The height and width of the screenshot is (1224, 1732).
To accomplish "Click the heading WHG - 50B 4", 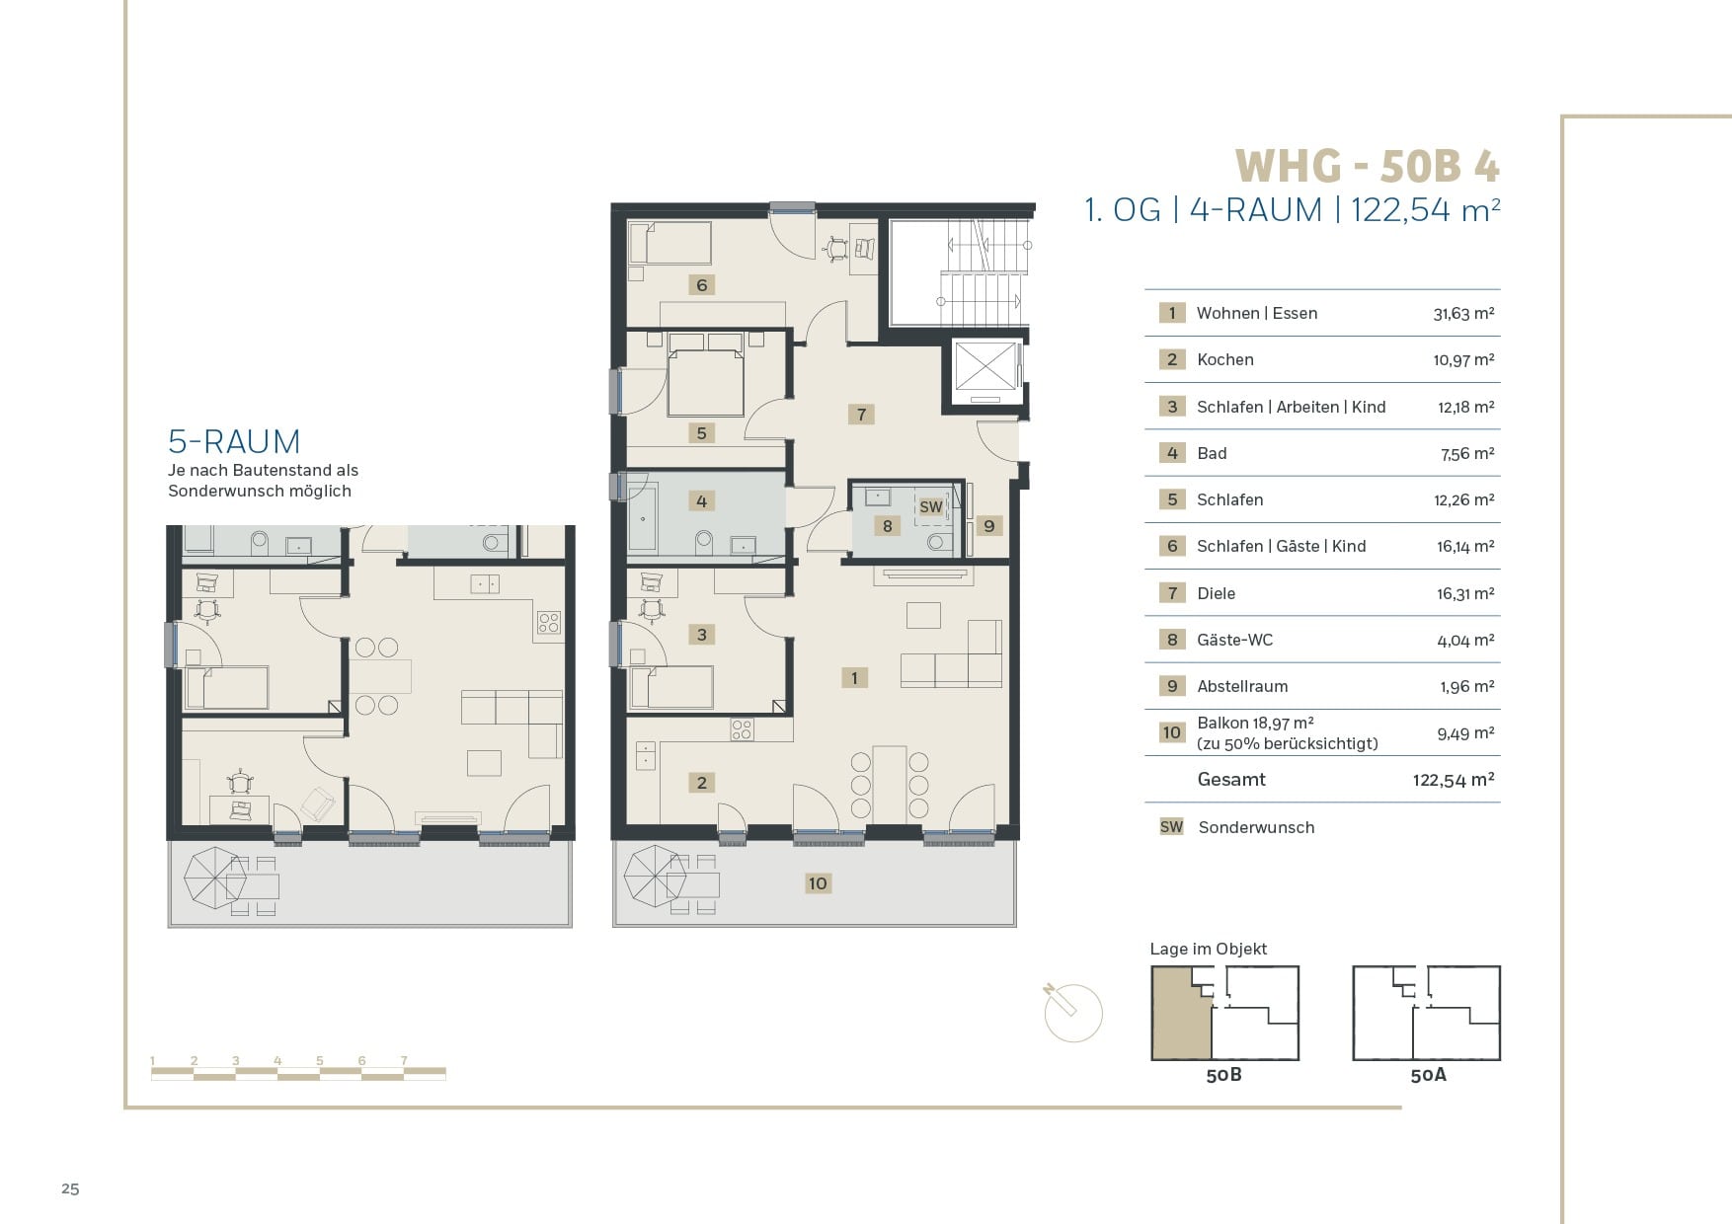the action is (1367, 166).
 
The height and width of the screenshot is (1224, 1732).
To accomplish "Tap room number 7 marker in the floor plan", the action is (861, 415).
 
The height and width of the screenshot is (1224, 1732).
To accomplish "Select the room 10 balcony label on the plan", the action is (818, 883).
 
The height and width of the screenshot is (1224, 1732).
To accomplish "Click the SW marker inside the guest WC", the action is (931, 507).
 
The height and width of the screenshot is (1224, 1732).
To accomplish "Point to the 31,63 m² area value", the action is (1463, 314).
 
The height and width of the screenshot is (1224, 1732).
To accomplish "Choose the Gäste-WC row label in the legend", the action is (1234, 640).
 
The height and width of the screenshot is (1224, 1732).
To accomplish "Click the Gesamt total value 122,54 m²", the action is (1454, 780).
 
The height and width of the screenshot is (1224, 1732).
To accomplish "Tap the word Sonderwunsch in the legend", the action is (1256, 827).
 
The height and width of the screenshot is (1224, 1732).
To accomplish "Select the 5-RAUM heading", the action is (234, 441).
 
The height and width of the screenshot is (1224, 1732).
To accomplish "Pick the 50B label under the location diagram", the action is (1223, 1075).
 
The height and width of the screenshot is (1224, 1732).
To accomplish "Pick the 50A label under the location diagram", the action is (1428, 1075).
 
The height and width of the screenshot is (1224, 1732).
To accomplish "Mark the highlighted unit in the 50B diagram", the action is (1180, 1017).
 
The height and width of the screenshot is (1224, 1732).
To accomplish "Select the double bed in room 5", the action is (705, 375).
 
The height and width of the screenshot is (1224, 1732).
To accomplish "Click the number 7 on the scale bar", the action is (404, 1061).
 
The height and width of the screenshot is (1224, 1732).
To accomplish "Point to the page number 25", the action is (70, 1188).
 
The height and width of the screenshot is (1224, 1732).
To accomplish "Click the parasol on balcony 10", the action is (654, 877).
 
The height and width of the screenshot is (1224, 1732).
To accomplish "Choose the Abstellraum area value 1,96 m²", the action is (1466, 687).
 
